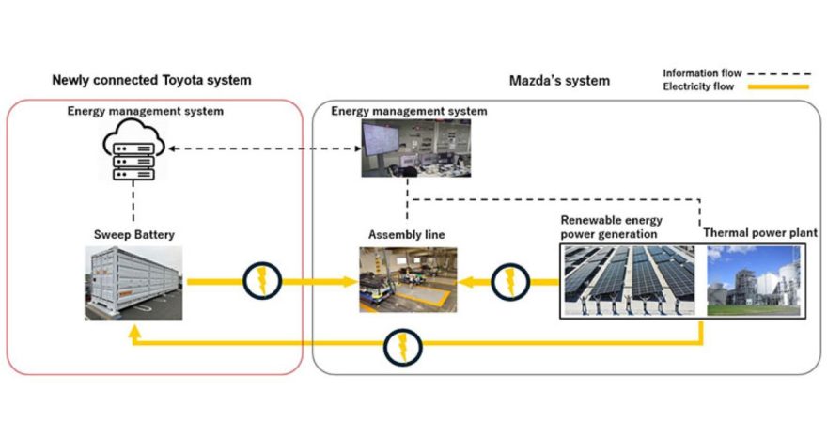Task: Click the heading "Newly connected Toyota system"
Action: [151, 80]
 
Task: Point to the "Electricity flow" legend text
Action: [697, 86]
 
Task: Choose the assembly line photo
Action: [408, 279]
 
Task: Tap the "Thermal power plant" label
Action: [760, 233]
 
